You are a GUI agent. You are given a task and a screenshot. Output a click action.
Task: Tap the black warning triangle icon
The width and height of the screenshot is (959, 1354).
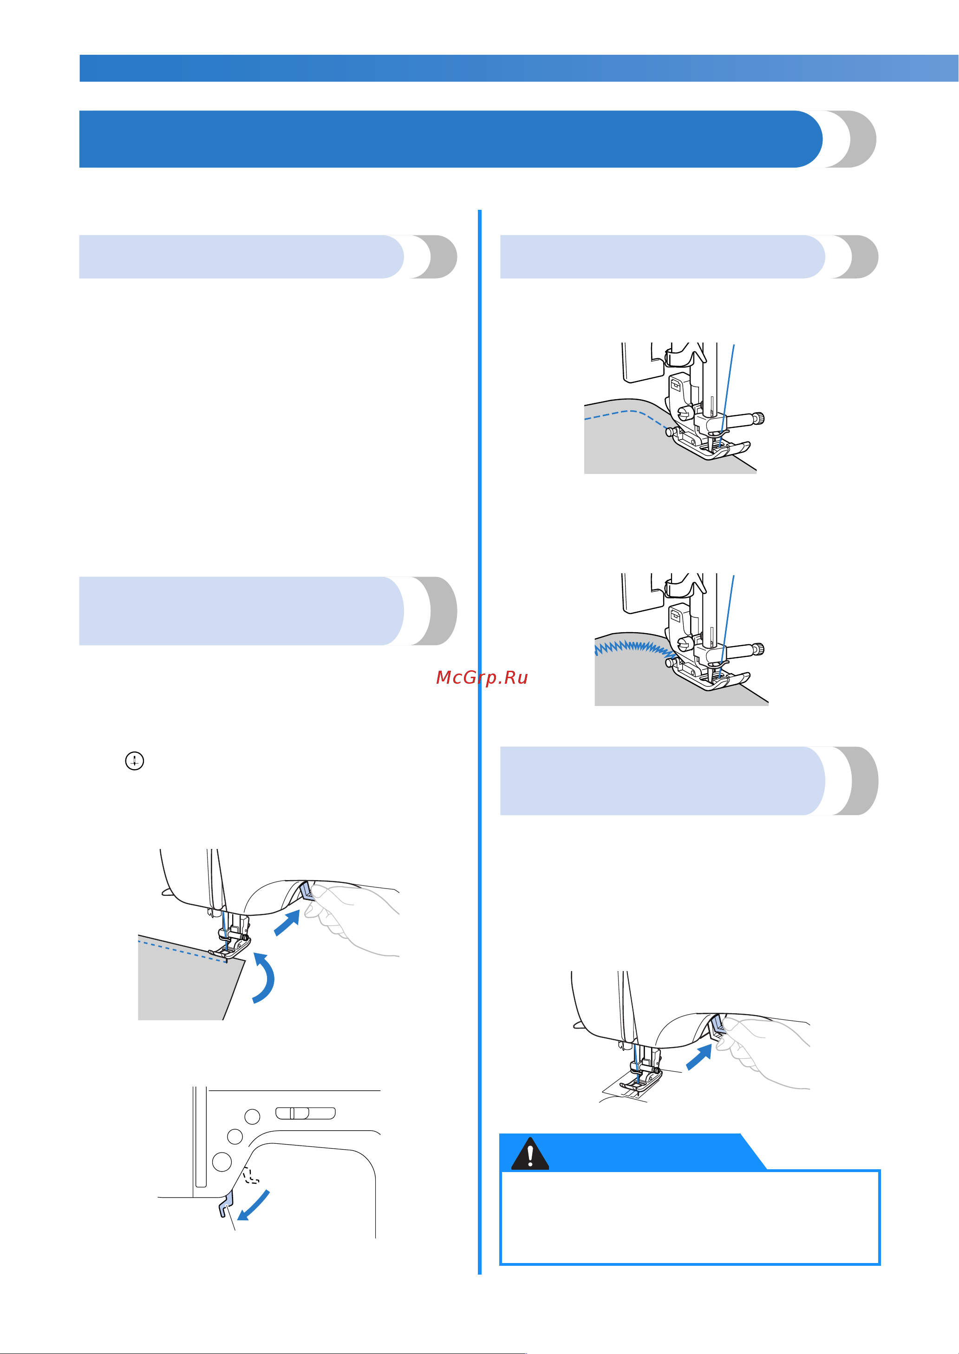[x=530, y=1153]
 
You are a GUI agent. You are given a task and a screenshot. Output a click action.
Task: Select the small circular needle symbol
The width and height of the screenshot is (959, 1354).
[x=135, y=761]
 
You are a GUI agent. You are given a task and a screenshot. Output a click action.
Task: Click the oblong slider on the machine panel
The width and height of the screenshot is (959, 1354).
[x=305, y=1113]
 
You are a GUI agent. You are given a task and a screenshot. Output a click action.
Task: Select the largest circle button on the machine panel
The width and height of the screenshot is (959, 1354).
[x=222, y=1161]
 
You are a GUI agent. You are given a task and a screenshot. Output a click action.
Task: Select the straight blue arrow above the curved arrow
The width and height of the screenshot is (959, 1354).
[x=287, y=922]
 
